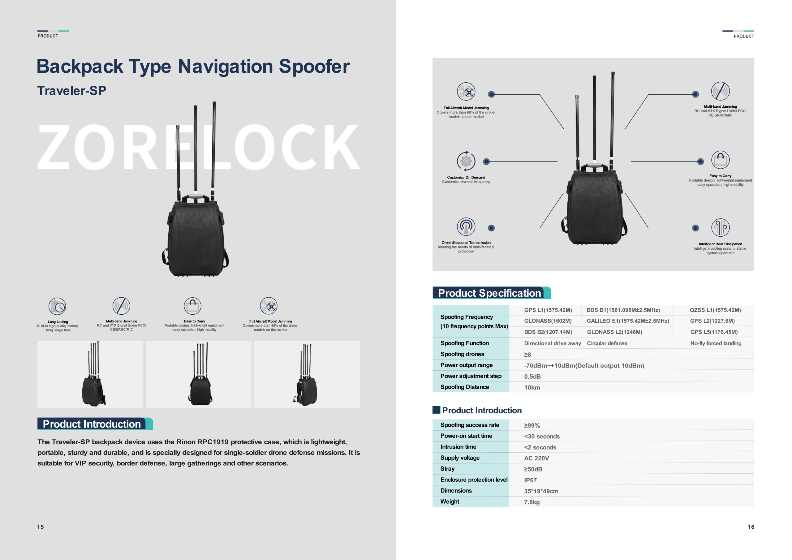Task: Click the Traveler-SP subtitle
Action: (71, 91)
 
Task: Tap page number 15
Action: (40, 527)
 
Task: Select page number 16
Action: (751, 527)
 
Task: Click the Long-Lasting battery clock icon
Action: (57, 306)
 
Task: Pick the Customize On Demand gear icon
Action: (466, 161)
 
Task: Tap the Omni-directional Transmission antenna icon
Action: (466, 227)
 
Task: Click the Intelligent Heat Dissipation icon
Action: (720, 228)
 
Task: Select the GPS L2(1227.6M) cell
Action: (712, 321)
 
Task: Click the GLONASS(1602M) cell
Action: (548, 321)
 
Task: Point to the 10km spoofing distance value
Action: (532, 387)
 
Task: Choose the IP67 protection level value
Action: (530, 480)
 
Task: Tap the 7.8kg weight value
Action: (532, 502)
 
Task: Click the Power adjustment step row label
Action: (471, 376)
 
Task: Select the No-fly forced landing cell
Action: (716, 343)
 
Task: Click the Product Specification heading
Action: (489, 293)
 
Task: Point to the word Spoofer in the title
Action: (314, 66)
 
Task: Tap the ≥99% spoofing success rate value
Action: (532, 425)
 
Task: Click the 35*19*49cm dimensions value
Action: (541, 491)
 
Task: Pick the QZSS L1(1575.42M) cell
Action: (715, 310)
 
